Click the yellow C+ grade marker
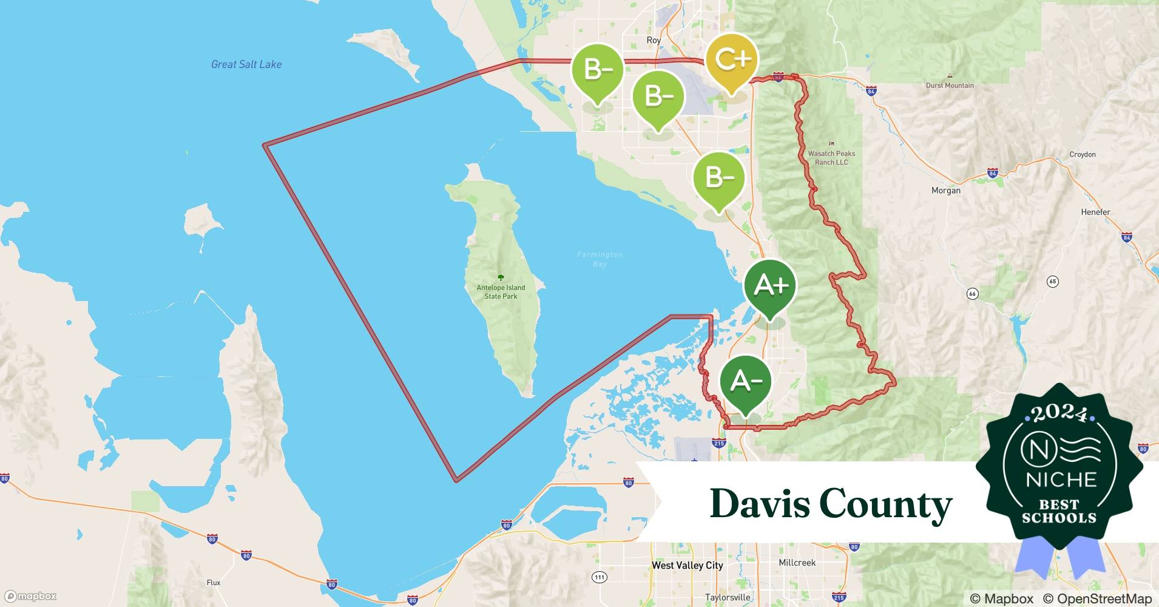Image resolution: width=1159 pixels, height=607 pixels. (732, 59)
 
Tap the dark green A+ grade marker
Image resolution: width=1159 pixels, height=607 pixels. (769, 285)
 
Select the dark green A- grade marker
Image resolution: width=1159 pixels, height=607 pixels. (745, 381)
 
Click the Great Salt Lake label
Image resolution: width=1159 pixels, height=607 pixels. (246, 64)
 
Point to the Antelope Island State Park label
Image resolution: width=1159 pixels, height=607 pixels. (501, 292)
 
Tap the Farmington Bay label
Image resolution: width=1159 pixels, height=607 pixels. (600, 259)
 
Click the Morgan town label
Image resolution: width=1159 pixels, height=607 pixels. (945, 191)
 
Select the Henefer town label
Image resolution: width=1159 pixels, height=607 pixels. (1095, 212)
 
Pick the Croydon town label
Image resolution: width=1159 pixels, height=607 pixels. (1082, 154)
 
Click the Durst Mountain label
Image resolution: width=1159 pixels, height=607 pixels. (949, 86)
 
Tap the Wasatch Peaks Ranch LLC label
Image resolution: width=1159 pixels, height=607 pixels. (831, 158)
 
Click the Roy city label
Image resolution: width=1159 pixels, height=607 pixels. (653, 40)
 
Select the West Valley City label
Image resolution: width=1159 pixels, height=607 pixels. (687, 565)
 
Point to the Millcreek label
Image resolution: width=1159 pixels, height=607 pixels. (797, 563)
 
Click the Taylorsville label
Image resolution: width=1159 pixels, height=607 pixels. (727, 597)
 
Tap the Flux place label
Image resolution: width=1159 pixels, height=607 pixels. (213, 582)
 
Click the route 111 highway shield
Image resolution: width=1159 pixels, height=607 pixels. (600, 577)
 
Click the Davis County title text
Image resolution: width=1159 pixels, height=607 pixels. (831, 504)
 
